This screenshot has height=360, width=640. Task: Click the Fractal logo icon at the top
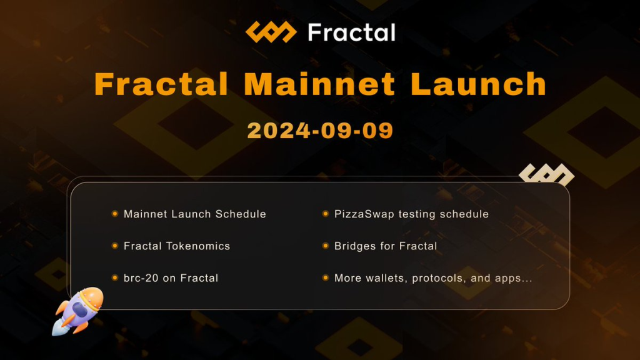270,32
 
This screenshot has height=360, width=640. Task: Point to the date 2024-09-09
320,130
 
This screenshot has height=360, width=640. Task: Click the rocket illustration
78,311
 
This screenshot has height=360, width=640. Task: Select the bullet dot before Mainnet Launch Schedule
114,214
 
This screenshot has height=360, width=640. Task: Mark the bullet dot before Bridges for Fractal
325,246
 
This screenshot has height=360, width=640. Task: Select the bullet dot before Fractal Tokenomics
114,246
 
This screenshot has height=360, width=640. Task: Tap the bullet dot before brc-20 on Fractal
114,278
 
